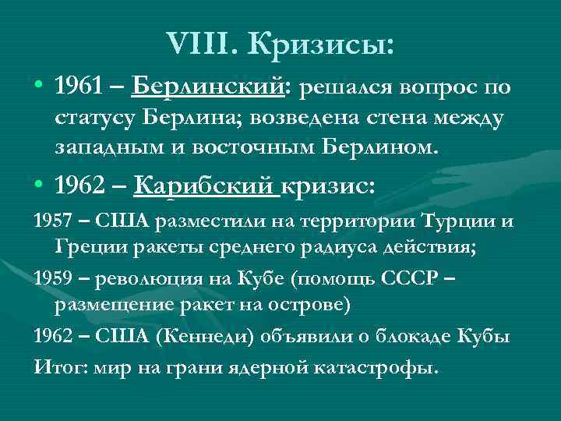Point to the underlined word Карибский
205,187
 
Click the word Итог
54,365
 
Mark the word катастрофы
380,365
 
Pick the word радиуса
313,247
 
